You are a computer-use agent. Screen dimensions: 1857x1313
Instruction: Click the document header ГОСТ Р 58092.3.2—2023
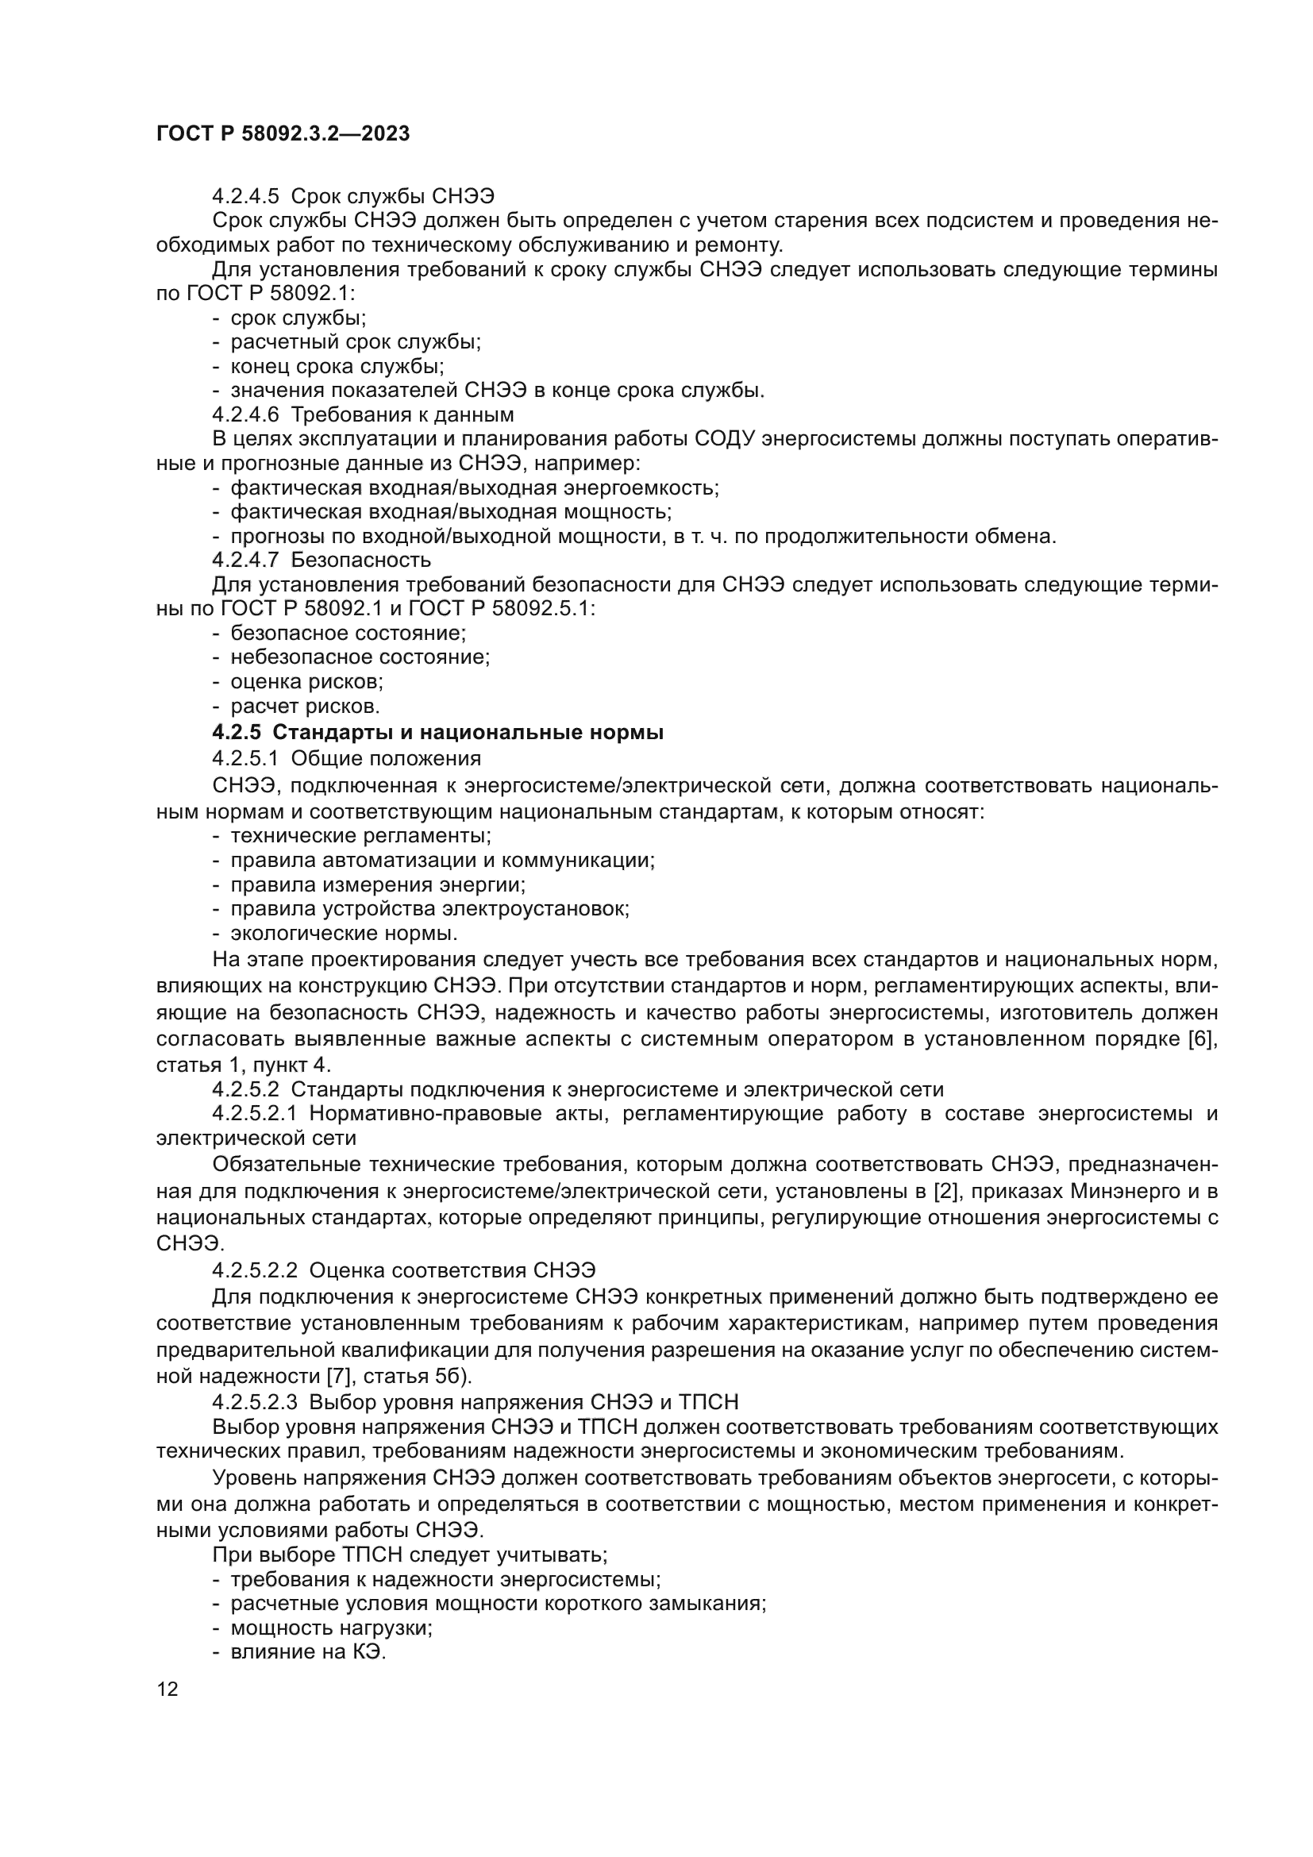[x=283, y=133]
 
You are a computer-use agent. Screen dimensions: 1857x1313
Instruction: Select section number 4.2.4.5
[x=245, y=197]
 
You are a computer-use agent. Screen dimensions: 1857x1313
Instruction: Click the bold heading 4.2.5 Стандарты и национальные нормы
[x=437, y=733]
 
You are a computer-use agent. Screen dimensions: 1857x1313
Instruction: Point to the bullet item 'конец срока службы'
[x=337, y=366]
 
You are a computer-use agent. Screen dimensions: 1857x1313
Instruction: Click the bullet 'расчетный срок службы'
[x=356, y=342]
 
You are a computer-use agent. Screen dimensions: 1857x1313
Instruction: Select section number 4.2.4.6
[x=245, y=415]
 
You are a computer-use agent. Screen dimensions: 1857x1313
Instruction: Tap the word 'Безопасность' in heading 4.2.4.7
[x=360, y=560]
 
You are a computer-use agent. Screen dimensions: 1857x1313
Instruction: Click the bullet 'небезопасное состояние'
[x=360, y=657]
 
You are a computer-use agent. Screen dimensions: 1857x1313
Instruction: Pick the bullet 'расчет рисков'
[x=305, y=706]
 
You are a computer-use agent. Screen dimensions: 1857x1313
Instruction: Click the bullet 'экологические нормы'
[x=345, y=934]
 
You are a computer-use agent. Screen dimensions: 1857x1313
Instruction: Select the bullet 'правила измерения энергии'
[x=379, y=884]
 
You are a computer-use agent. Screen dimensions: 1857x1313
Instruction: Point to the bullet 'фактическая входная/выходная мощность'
[x=451, y=512]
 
